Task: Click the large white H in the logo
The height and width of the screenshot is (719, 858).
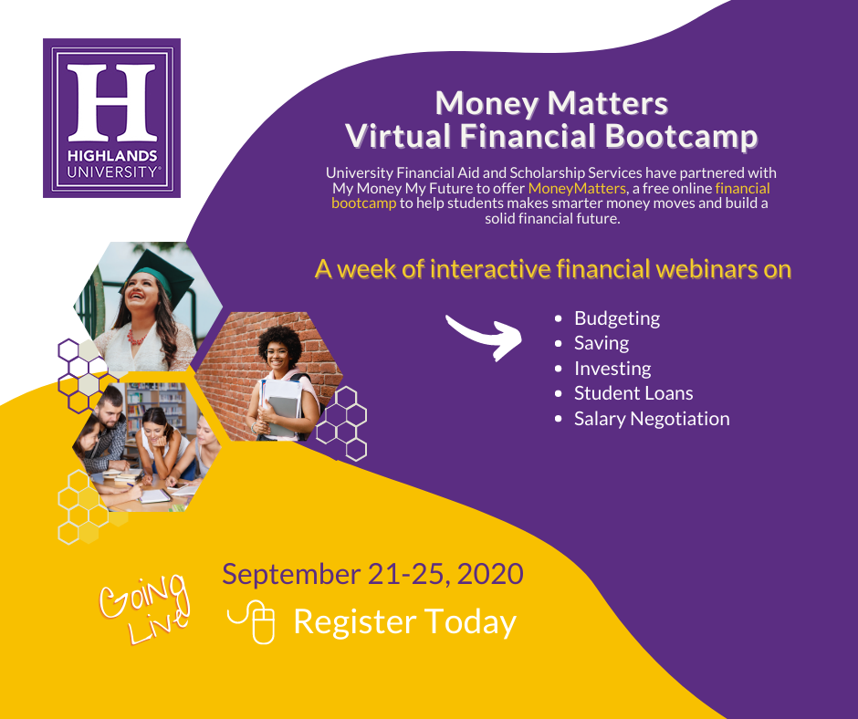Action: [x=111, y=102]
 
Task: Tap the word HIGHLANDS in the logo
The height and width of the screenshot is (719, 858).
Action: [x=112, y=156]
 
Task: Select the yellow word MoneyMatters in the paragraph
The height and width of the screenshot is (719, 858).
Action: [x=577, y=188]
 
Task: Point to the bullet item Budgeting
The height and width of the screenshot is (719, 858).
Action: [x=617, y=318]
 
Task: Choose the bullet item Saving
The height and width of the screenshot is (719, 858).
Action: [x=602, y=344]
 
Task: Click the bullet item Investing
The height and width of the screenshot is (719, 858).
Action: [x=612, y=369]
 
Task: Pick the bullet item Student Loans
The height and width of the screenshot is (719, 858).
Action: [x=633, y=393]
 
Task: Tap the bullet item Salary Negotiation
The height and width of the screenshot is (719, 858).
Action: [x=652, y=419]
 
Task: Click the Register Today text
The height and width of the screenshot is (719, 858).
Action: [x=405, y=622]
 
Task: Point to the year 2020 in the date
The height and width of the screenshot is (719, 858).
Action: [x=490, y=574]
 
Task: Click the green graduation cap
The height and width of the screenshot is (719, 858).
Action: [x=162, y=275]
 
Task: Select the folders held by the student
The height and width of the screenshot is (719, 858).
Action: [x=281, y=407]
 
